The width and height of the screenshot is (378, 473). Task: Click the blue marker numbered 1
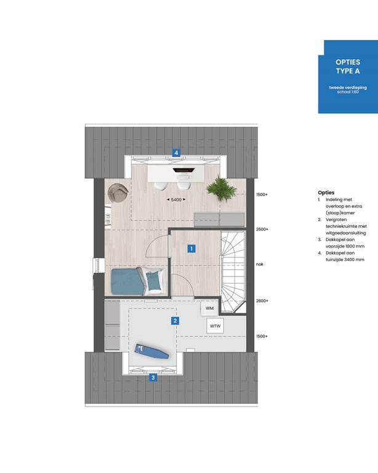tap(191, 249)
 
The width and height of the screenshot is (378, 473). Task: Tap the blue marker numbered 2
tap(175, 320)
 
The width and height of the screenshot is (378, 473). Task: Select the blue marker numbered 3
tap(153, 378)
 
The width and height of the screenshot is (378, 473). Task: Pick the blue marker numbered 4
tap(176, 152)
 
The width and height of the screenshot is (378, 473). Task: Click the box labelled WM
tap(209, 307)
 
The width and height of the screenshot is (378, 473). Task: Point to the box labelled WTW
tap(214, 325)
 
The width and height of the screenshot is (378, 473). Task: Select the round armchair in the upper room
tap(117, 193)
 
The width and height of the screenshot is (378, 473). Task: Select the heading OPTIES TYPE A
tap(348, 67)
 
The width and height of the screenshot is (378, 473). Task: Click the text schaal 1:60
tap(348, 93)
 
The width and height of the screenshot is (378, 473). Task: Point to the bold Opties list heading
tap(326, 193)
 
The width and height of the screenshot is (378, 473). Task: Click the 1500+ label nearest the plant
tap(262, 195)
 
